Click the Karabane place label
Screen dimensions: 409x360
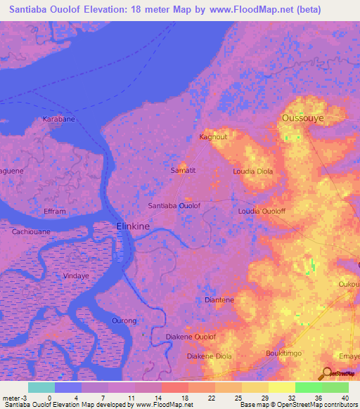coord(58,119)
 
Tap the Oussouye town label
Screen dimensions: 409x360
coord(302,119)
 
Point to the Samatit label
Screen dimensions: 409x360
coord(183,170)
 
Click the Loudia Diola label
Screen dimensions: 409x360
coord(252,171)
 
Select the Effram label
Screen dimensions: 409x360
coord(54,211)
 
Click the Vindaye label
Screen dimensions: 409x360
coord(77,257)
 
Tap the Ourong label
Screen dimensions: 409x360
coord(124,320)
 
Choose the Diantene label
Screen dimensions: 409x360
coord(219,299)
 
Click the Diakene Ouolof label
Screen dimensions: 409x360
coord(191,337)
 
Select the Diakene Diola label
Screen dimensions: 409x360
coord(209,356)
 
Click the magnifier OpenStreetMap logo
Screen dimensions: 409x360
coord(328,372)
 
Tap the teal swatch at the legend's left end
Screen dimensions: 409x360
coord(41,387)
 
